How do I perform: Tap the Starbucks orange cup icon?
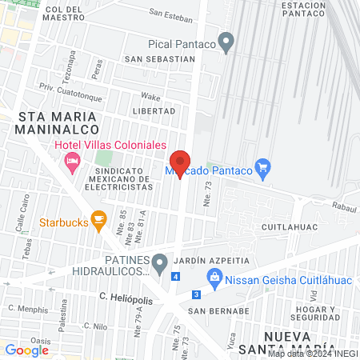coord(98,218)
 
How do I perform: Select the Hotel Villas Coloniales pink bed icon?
coord(72,161)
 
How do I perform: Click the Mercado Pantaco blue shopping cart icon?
coord(262,168)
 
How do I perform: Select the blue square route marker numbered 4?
coord(175,277)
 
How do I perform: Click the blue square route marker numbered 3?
coord(195,294)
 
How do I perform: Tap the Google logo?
coord(27,350)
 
